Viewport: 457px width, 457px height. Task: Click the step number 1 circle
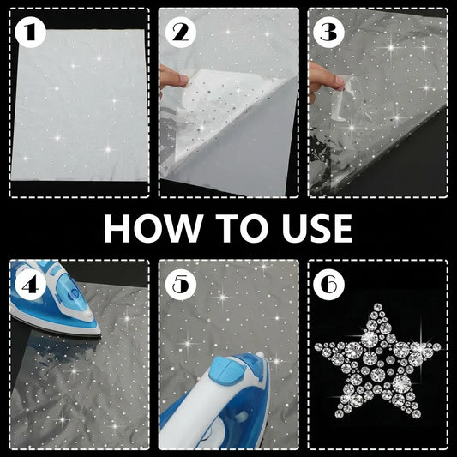pyautogui.click(x=30, y=32)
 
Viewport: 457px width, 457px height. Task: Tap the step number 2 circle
pyautogui.click(x=180, y=33)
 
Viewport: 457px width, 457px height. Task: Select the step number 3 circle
pyautogui.click(x=328, y=33)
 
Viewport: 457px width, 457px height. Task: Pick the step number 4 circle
pyautogui.click(x=30, y=285)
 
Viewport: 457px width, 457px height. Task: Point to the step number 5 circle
pyautogui.click(x=180, y=285)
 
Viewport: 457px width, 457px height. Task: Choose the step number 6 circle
pyautogui.click(x=328, y=285)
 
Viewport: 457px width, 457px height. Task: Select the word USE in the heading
pyautogui.click(x=316, y=228)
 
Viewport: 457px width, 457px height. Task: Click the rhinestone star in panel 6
pyautogui.click(x=377, y=363)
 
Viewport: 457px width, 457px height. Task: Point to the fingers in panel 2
pyautogui.click(x=172, y=76)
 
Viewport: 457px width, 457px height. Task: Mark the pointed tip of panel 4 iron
pyautogui.click(x=100, y=333)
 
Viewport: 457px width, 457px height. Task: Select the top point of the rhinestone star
pyautogui.click(x=378, y=306)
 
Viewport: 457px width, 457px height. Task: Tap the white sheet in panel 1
pyautogui.click(x=80, y=105)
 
